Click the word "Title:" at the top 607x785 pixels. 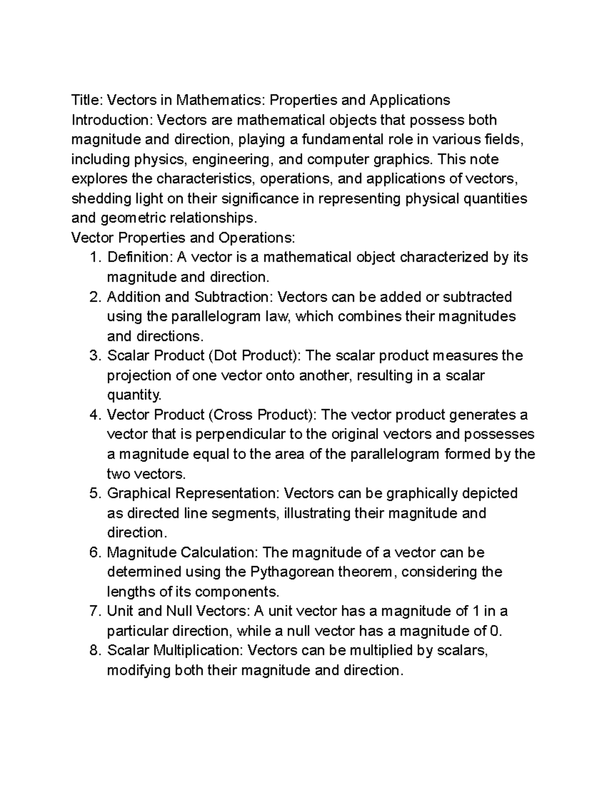pos(86,100)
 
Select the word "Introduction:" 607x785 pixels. pos(112,120)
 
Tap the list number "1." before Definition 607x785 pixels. pos(95,258)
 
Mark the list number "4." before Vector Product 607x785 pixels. pos(95,415)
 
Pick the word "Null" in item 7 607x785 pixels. pos(179,612)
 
